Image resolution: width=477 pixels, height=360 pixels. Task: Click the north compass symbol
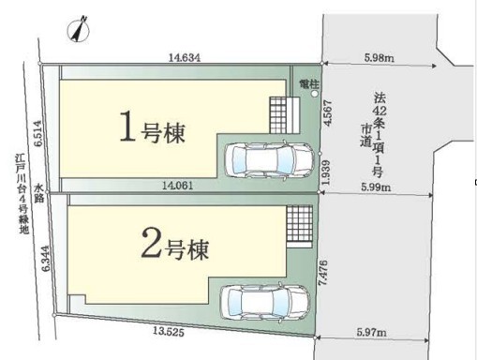tap(79, 30)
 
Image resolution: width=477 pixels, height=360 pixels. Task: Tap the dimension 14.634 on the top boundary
tap(185, 57)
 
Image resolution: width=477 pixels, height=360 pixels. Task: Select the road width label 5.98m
tap(379, 58)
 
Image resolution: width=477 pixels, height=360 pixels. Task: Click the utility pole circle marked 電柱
tap(315, 94)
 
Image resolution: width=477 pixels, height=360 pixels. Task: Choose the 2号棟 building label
tap(175, 244)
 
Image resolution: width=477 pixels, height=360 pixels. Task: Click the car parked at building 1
tap(270, 160)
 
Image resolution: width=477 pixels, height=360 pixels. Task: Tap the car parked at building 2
tap(265, 302)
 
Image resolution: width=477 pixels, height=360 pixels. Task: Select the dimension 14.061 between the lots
tap(177, 186)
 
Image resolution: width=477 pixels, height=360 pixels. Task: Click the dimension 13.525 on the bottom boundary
tap(169, 331)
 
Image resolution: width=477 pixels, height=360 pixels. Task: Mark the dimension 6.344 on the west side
tap(46, 259)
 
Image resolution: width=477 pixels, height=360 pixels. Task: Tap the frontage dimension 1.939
tap(326, 172)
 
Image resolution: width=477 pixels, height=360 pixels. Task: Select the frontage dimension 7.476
tap(322, 272)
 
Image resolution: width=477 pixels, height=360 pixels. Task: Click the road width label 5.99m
tap(376, 187)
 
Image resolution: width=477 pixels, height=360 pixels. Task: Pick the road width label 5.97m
tap(372, 332)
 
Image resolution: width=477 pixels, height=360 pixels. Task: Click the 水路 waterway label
tap(38, 193)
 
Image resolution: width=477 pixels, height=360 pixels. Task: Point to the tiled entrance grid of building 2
tap(299, 223)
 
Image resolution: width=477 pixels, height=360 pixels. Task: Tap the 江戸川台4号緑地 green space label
tap(23, 194)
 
